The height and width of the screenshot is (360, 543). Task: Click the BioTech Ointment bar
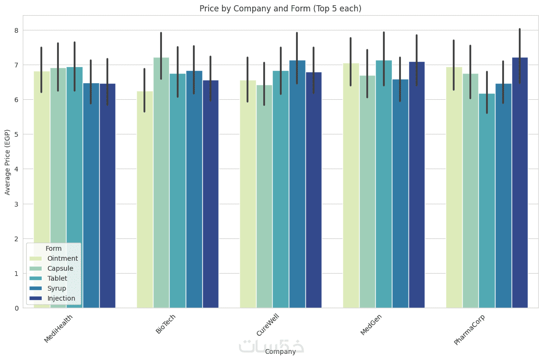145,199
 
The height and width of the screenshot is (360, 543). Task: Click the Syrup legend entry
56,288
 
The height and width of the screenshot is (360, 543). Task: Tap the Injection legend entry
61,298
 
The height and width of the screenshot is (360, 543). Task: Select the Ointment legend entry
62,258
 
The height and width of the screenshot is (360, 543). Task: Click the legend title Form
53,248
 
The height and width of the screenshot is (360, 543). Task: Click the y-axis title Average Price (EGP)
7,161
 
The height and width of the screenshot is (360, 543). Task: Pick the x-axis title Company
280,351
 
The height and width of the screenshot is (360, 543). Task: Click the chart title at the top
280,9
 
